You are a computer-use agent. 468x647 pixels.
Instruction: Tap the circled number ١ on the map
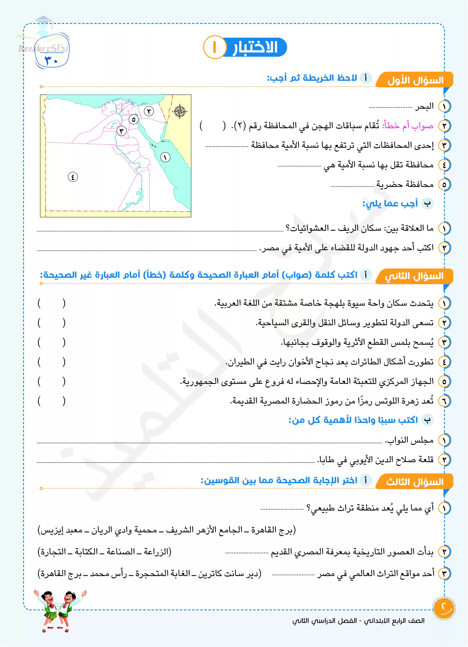coord(165,157)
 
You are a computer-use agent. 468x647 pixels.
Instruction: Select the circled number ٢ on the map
coord(149,111)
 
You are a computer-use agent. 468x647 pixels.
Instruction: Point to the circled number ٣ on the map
coord(121,131)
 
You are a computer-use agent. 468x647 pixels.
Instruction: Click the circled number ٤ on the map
coord(73,177)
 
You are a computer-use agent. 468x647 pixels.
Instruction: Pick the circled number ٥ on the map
coord(134,119)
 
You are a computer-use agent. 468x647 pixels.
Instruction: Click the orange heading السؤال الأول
coord(415,80)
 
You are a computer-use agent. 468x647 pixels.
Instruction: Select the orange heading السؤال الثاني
coord(414,276)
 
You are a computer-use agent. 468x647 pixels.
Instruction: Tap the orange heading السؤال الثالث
coord(415,482)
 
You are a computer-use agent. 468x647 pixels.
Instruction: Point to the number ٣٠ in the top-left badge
coord(51,60)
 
